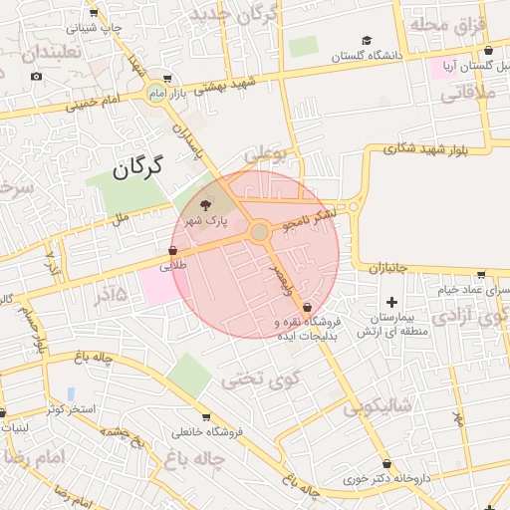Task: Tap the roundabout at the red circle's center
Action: coord(259,232)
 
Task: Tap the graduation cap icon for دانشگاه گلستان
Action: coord(367,41)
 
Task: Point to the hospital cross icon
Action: coord(391,302)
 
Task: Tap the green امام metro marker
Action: coord(154,93)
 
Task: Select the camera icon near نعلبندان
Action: coord(37,77)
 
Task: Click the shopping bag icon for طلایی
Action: coord(173,252)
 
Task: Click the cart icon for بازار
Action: coord(166,79)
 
